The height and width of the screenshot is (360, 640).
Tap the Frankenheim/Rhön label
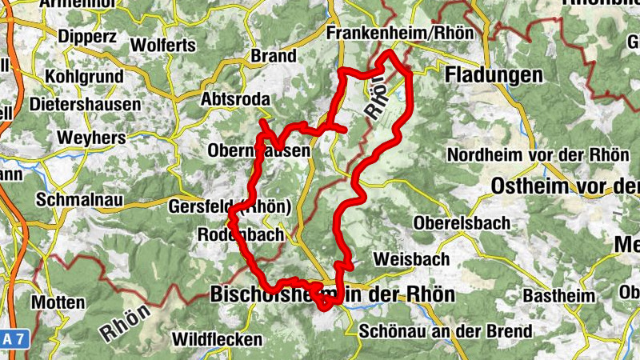tap(401, 33)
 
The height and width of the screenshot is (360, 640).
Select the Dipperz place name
tap(87, 36)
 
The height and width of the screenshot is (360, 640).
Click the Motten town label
tap(58, 302)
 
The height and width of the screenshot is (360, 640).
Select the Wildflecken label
tap(218, 338)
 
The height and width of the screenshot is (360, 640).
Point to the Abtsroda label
tap(236, 100)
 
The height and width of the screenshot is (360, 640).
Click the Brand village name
tap(274, 57)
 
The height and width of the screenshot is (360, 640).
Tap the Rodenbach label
tap(240, 235)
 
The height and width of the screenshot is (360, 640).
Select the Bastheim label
tap(559, 296)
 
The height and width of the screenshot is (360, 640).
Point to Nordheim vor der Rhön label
tap(538, 154)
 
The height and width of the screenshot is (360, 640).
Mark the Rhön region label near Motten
tap(126, 318)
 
